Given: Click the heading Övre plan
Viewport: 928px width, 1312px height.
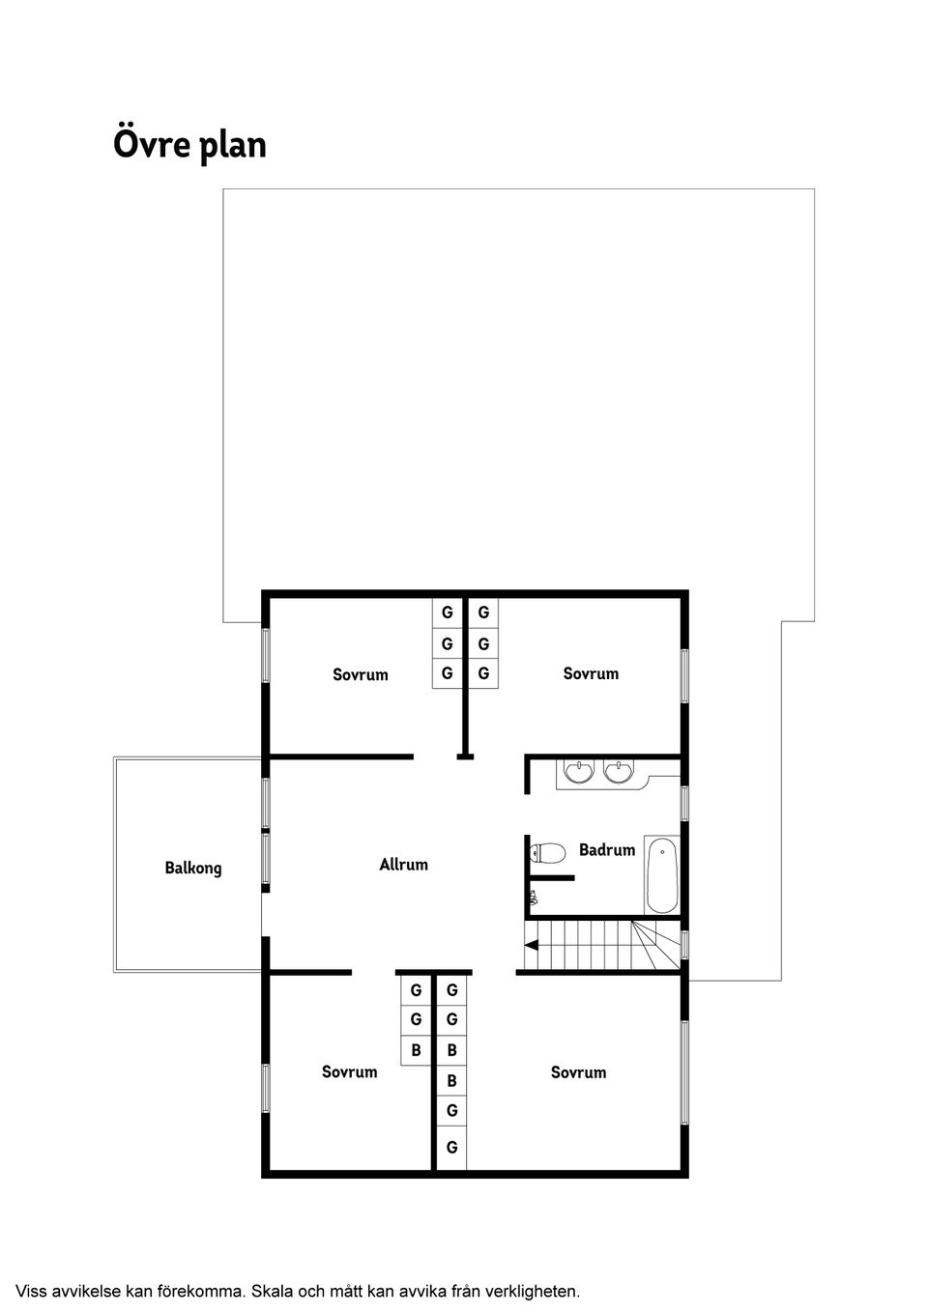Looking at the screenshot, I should tap(189, 145).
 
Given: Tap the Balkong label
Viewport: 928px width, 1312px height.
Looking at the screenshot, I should tap(193, 868).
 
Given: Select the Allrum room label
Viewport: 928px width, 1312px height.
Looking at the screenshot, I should tap(403, 864).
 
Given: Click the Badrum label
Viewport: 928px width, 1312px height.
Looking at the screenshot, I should tap(607, 850).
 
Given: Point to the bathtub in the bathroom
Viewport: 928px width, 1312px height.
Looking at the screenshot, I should tap(661, 875).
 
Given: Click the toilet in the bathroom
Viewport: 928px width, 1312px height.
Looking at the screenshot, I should tap(547, 853).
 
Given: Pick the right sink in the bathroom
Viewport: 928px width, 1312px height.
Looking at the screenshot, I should tap(618, 772).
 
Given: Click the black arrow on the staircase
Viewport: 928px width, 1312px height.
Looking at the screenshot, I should tap(532, 944).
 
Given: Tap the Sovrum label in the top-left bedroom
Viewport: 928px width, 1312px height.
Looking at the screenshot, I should tap(361, 674).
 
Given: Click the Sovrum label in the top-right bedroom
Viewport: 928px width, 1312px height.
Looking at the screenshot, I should tap(591, 673).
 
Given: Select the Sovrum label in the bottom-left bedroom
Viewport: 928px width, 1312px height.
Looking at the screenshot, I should tap(350, 1071).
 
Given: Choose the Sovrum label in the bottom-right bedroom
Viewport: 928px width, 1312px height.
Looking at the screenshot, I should tap(578, 1071).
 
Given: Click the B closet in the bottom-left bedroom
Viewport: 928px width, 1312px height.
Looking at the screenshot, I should tap(416, 1050).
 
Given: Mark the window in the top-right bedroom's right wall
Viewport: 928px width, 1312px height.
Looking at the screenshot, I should tap(684, 675).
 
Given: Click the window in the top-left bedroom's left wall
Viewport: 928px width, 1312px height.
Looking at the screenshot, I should tap(266, 655).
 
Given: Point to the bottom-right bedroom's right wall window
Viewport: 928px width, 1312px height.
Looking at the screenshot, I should tap(684, 1071).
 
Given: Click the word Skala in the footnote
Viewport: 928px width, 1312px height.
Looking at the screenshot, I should tap(273, 1290).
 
